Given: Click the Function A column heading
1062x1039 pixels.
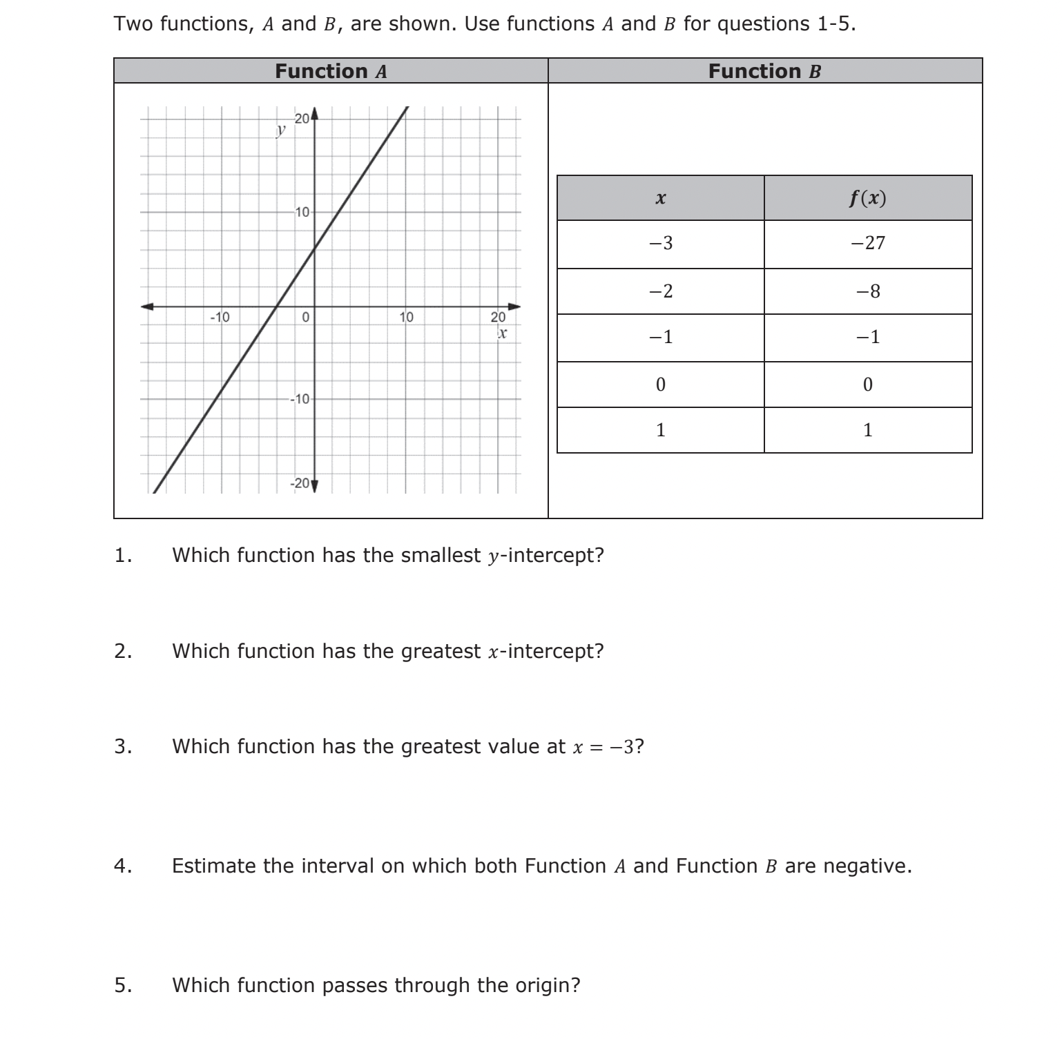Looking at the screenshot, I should [x=331, y=71].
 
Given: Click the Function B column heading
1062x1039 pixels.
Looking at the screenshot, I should [x=764, y=71].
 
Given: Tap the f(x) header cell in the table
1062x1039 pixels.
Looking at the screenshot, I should [x=867, y=198].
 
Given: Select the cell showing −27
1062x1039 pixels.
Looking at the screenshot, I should [x=867, y=243].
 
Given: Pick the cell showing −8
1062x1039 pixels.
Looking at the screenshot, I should [x=867, y=291].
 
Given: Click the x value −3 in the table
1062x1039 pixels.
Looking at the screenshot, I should [x=660, y=243].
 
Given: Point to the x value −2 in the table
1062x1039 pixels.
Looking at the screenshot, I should [x=660, y=291].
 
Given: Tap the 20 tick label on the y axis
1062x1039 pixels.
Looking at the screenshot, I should [x=302, y=118].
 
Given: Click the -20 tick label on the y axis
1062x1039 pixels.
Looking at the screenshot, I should [x=300, y=483].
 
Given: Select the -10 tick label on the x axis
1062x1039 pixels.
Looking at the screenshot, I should [x=220, y=318].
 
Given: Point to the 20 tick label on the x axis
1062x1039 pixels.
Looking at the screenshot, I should [x=497, y=318].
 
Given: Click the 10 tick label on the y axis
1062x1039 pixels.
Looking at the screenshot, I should [x=302, y=211].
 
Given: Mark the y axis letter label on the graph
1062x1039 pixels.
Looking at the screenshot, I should [x=280, y=129].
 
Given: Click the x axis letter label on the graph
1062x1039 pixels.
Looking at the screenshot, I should [x=502, y=333].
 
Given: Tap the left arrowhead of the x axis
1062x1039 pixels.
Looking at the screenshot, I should [x=146, y=306].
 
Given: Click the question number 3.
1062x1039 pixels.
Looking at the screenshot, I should [x=122, y=746].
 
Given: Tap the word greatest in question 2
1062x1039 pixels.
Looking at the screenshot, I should [x=441, y=651].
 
